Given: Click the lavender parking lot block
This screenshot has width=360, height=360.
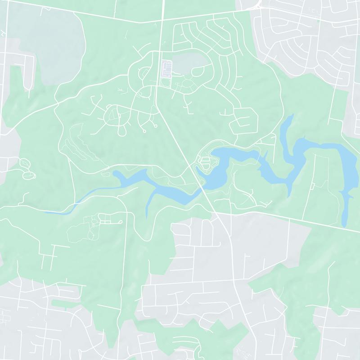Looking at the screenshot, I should pos(166,70).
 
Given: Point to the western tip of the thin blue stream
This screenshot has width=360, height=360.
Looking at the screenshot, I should pos(45,212).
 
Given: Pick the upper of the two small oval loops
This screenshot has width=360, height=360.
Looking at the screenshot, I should pos(25,162).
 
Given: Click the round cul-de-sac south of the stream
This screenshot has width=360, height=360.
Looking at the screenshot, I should pos(121,222).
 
